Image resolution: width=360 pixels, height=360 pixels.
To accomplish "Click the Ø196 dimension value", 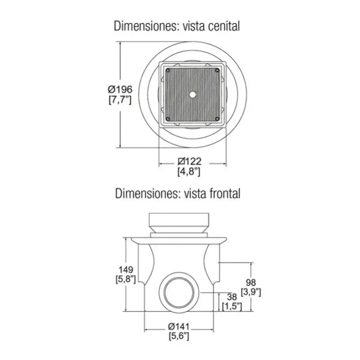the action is pos(120,89).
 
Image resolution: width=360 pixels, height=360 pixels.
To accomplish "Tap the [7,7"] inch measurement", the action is pos(120,100).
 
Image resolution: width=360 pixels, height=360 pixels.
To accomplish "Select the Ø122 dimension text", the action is pos(189,161).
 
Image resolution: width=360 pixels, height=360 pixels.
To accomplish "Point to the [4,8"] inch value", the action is pos(189,171).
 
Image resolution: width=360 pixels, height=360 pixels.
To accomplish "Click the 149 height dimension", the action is pos(126,269).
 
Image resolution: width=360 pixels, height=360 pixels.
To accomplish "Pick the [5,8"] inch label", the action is pos(126,279).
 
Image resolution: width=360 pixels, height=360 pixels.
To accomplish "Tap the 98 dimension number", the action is pos(251,282).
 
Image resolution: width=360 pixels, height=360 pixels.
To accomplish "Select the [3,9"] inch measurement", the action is pos(251,292).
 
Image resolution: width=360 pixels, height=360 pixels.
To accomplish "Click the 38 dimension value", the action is pos(232,297).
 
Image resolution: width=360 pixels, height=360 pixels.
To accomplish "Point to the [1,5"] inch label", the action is pos(232,306).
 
